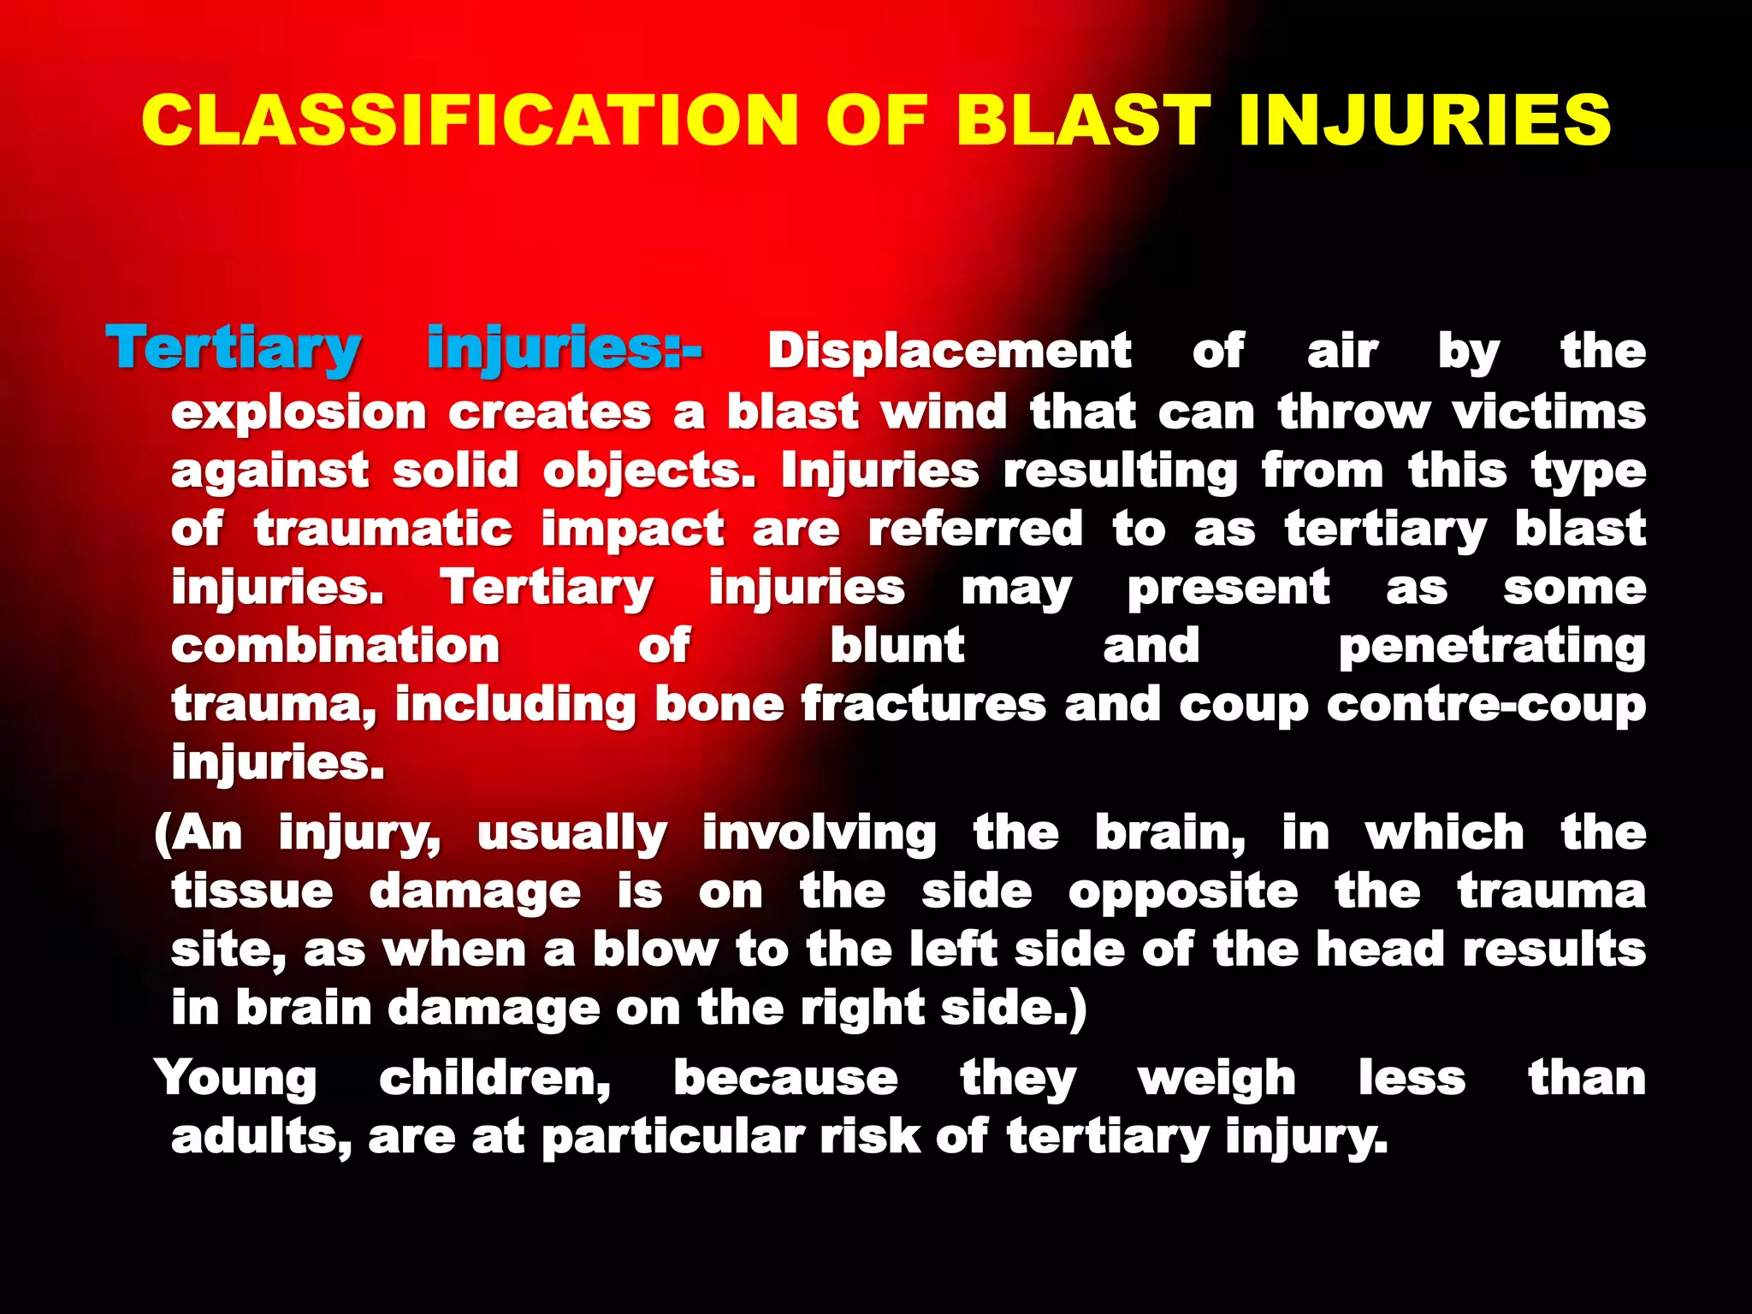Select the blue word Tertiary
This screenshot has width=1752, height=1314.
tap(234, 350)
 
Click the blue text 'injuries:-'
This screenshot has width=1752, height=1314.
tap(564, 350)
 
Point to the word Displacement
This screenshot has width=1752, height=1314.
tap(950, 352)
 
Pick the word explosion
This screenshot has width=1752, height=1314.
tap(299, 414)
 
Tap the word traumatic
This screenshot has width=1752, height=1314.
tap(383, 529)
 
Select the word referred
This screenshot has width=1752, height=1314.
tap(975, 529)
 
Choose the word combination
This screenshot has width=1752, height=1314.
tap(335, 646)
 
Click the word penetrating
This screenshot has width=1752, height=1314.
tap(1492, 648)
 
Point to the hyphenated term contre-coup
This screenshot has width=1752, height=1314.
tap(1487, 706)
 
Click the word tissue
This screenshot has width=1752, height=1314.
tap(252, 892)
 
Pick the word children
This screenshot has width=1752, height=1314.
tap(495, 1079)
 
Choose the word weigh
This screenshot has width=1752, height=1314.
tap(1216, 1079)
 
